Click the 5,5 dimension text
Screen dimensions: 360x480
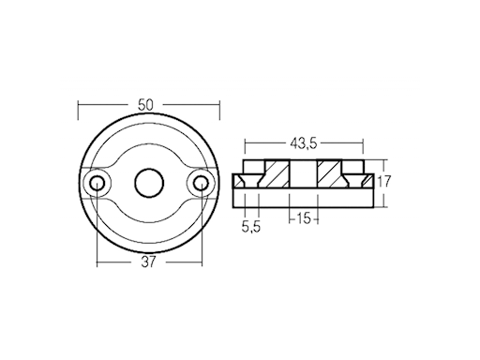[250, 226]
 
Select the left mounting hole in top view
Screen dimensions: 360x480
[96, 182]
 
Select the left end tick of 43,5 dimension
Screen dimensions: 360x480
[245, 144]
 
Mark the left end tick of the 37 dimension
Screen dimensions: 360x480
[96, 262]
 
